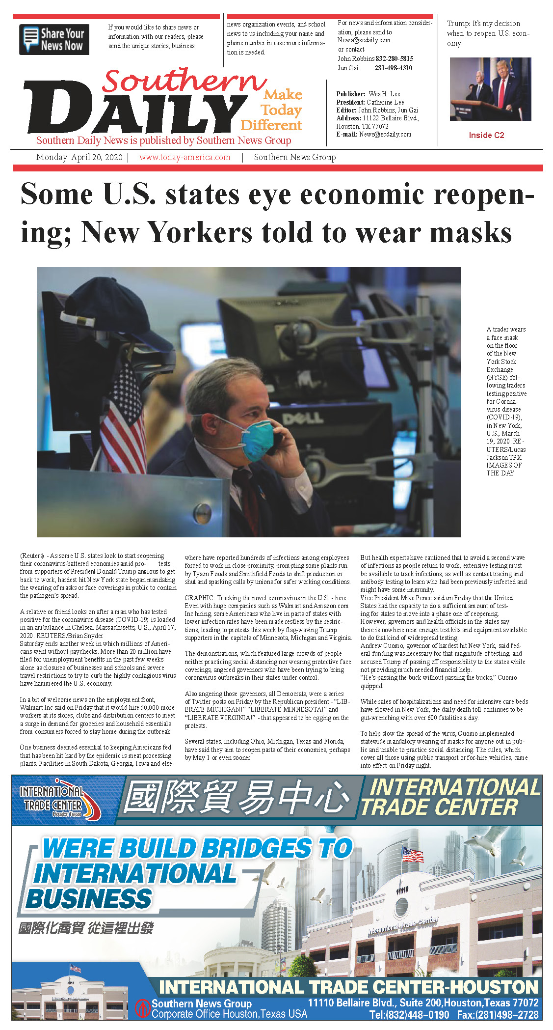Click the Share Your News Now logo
[x=54, y=39]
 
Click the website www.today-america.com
[x=184, y=157]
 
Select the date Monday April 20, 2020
[x=79, y=157]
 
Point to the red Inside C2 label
[x=486, y=135]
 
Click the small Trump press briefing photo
[x=490, y=89]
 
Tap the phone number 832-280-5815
[x=395, y=58]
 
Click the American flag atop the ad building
[x=412, y=854]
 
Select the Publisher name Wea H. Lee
[x=384, y=94]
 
